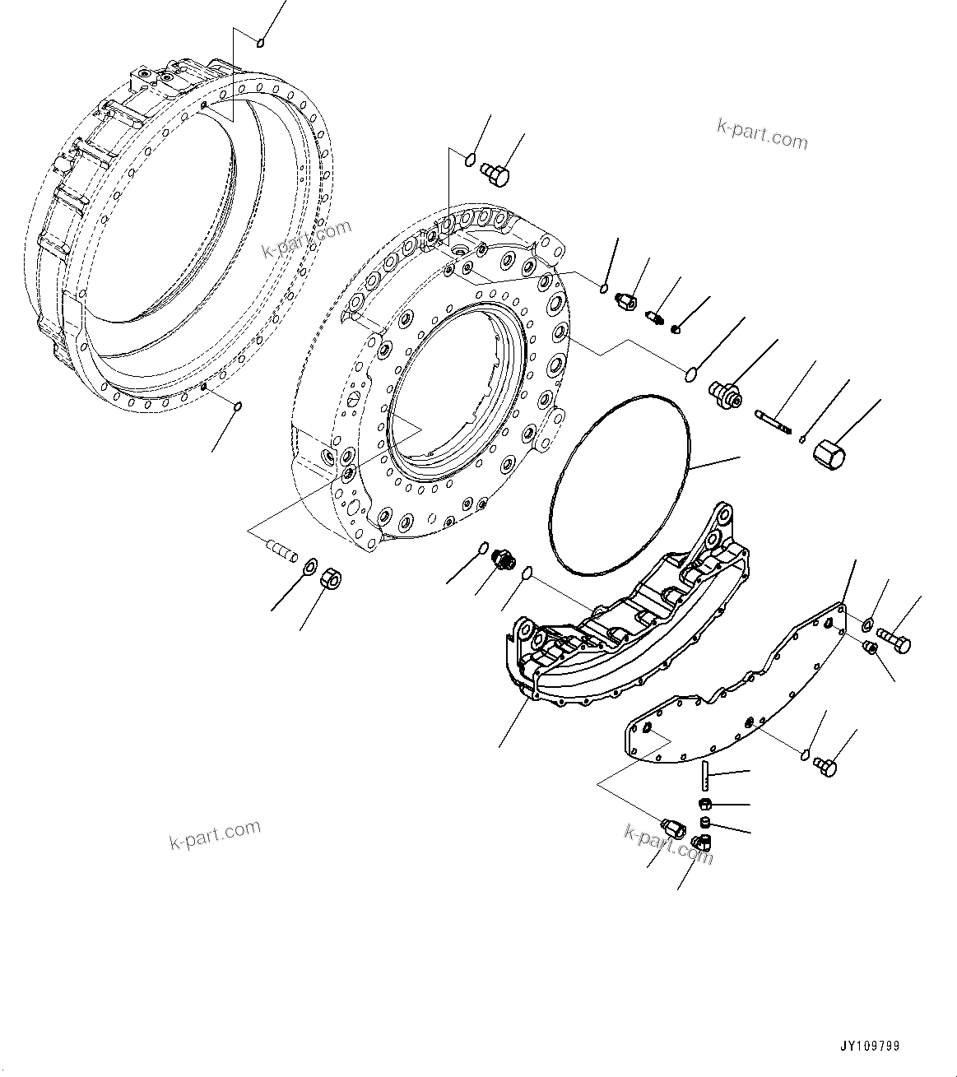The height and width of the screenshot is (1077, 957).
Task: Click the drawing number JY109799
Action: click(870, 1047)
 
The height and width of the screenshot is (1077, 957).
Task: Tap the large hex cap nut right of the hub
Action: click(827, 455)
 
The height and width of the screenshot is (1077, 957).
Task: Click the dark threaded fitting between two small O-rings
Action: click(504, 560)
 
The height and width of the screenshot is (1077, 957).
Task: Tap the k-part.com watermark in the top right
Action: click(762, 133)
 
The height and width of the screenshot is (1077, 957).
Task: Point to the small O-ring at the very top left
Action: click(261, 43)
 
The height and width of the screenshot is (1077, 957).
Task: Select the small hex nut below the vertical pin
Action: click(705, 804)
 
